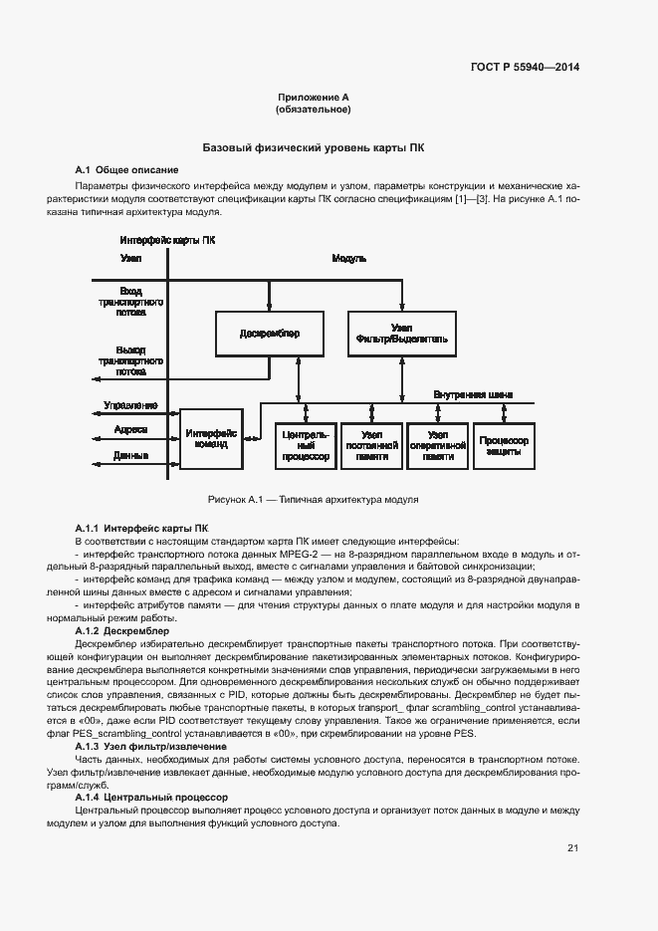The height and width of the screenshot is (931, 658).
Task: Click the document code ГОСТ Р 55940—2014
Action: click(524, 68)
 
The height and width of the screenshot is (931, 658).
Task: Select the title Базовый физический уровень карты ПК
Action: click(314, 147)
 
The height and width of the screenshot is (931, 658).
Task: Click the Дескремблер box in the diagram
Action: click(269, 334)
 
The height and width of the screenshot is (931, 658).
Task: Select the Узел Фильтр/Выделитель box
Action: click(402, 334)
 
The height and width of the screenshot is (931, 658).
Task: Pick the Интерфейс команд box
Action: click(210, 438)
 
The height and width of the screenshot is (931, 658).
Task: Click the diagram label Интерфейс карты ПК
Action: click(167, 240)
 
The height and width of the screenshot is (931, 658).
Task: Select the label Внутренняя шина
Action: click(473, 394)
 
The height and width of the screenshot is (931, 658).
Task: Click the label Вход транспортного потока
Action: click(123, 300)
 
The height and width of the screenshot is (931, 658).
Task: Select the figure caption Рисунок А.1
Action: click(313, 499)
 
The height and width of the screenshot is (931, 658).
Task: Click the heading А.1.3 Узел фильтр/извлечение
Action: click(151, 746)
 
